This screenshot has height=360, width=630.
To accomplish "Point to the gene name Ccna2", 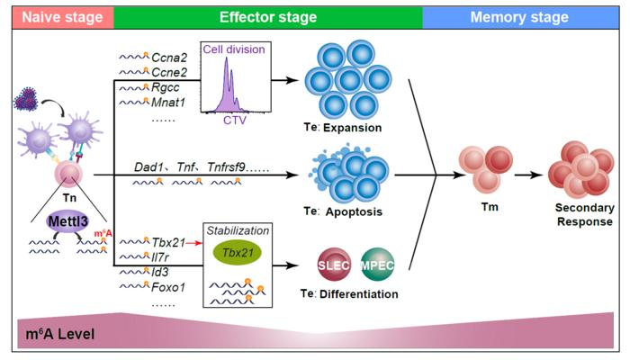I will point(168,56).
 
